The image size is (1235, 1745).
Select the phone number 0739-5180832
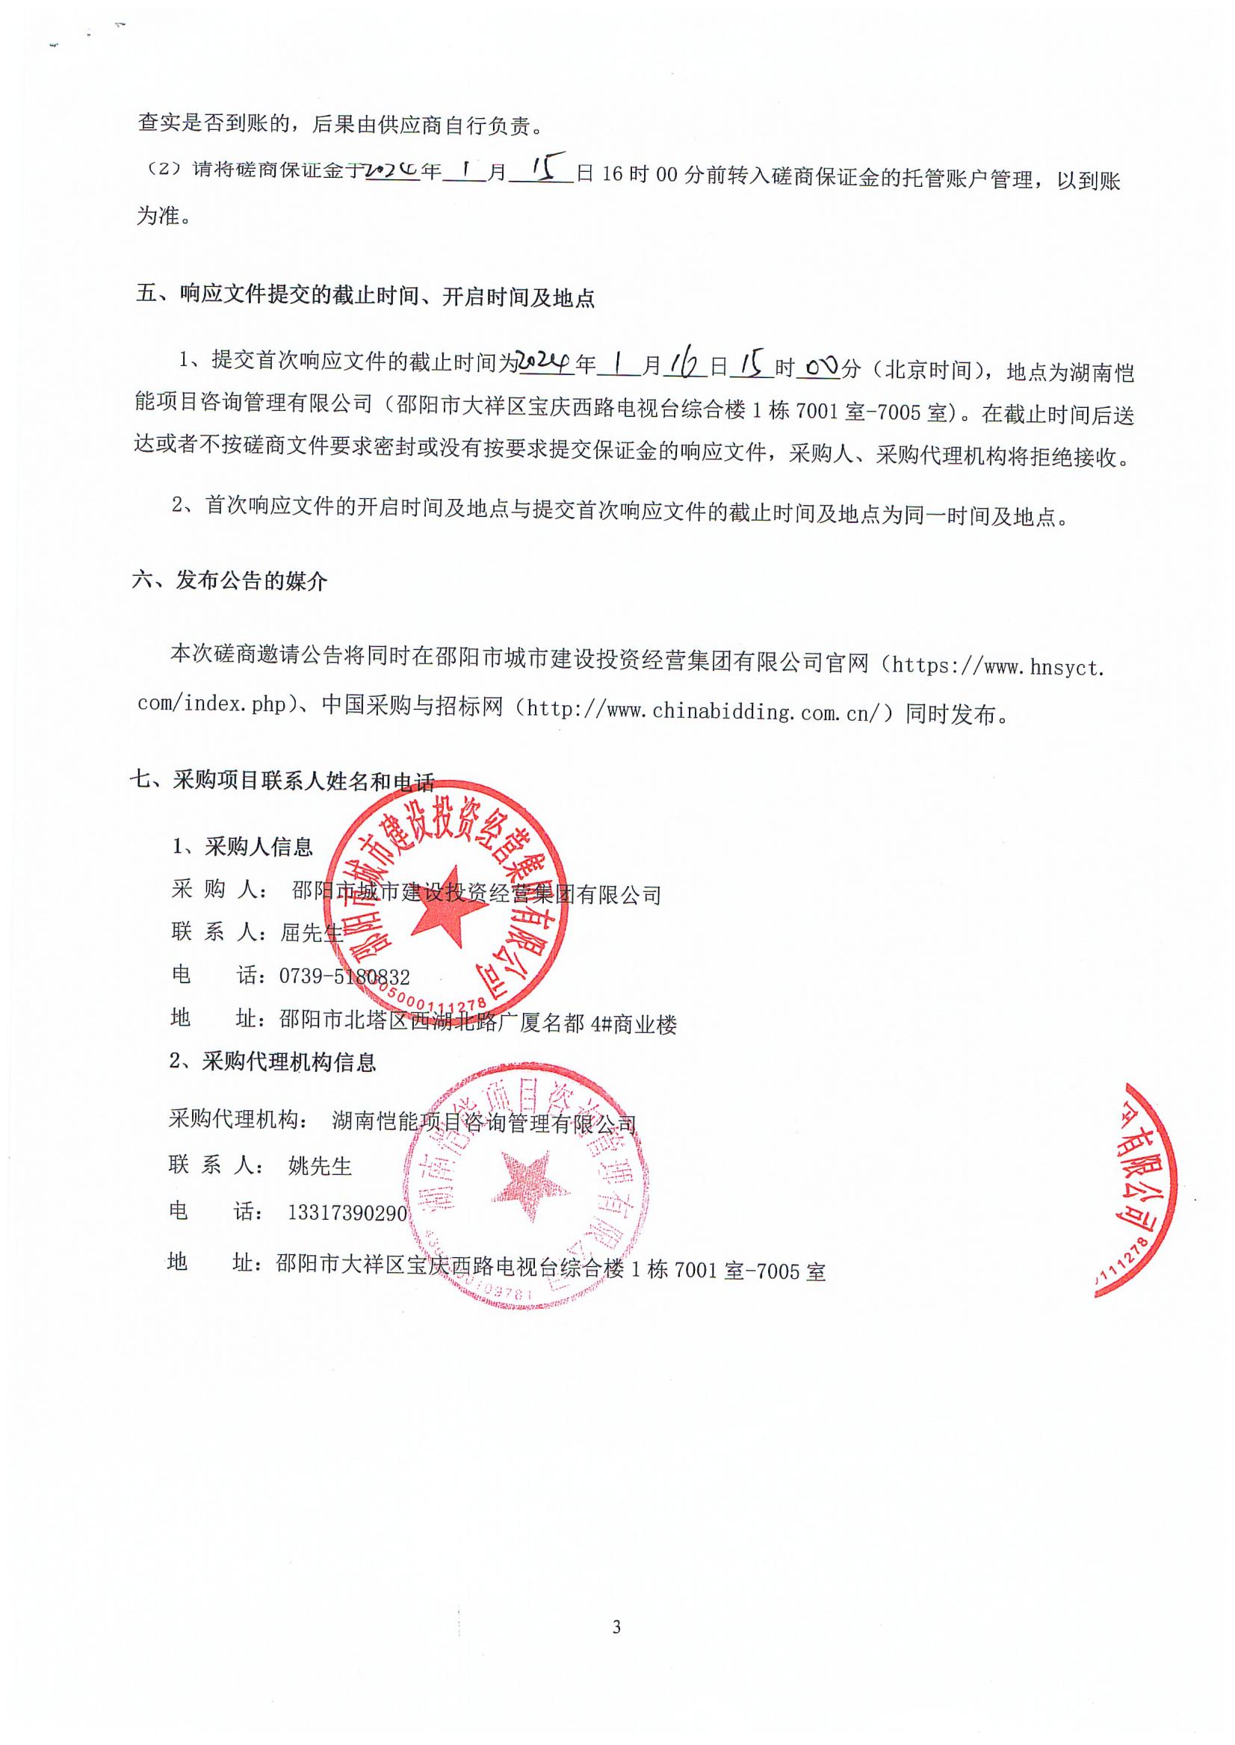pyautogui.click(x=344, y=976)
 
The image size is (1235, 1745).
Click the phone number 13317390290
pyautogui.click(x=347, y=1212)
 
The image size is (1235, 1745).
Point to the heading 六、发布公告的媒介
pyautogui.click(x=229, y=581)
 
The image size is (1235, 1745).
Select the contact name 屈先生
pyautogui.click(x=312, y=932)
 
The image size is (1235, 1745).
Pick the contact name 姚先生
pyautogui.click(x=321, y=1165)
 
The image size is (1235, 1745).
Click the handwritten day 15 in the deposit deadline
pyautogui.click(x=541, y=169)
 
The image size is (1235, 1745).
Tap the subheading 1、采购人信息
pyautogui.click(x=243, y=846)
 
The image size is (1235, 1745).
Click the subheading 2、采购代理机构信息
pyautogui.click(x=272, y=1061)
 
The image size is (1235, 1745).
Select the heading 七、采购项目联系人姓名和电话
pyautogui.click(x=282, y=780)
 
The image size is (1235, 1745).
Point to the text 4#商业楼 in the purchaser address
pyautogui.click(x=634, y=1023)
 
